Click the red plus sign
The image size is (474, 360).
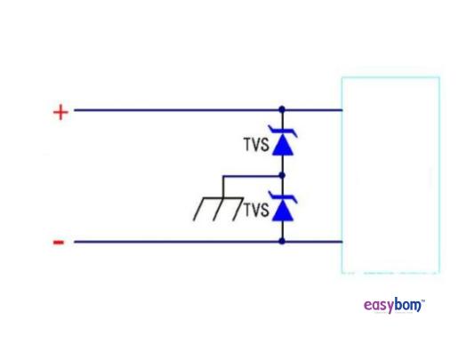pyautogui.click(x=60, y=112)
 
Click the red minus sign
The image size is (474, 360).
pyautogui.click(x=59, y=242)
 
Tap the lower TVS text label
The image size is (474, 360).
pyautogui.click(x=255, y=210)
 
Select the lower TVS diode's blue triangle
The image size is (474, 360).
pyautogui.click(x=282, y=212)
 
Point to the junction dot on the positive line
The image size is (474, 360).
pyautogui.click(x=282, y=110)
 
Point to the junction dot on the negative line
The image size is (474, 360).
pyautogui.click(x=282, y=241)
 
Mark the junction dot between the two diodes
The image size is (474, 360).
pyautogui.click(x=282, y=176)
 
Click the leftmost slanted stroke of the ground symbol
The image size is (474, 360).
pyautogui.click(x=202, y=208)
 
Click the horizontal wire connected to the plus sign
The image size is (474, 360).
pyautogui.click(x=178, y=110)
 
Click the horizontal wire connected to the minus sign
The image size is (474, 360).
pyautogui.click(x=178, y=241)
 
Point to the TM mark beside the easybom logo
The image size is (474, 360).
pyautogui.click(x=423, y=300)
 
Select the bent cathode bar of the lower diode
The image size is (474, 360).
pyautogui.click(x=282, y=198)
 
